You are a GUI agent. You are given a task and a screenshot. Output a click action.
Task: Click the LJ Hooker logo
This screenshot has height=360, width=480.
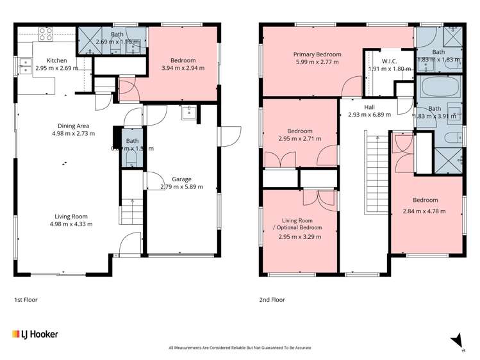(36, 334)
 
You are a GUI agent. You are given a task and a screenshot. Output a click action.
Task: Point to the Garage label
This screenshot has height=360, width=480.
(181, 179)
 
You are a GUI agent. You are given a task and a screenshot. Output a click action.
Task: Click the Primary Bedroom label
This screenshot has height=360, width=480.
(317, 54)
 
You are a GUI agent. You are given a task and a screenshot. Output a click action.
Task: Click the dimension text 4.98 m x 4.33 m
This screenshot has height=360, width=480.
(70, 224)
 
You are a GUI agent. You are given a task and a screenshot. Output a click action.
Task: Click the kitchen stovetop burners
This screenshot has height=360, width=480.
(46, 33)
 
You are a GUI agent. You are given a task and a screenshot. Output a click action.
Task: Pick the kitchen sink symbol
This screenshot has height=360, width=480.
(25, 63)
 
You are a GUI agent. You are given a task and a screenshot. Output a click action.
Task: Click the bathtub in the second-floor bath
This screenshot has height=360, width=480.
(438, 86)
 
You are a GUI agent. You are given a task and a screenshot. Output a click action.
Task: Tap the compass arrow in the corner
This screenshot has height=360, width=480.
(456, 340)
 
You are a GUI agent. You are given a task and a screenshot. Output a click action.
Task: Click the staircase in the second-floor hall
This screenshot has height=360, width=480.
(376, 173)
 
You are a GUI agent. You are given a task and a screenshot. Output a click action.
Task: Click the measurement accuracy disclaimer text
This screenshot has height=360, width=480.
(240, 348)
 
